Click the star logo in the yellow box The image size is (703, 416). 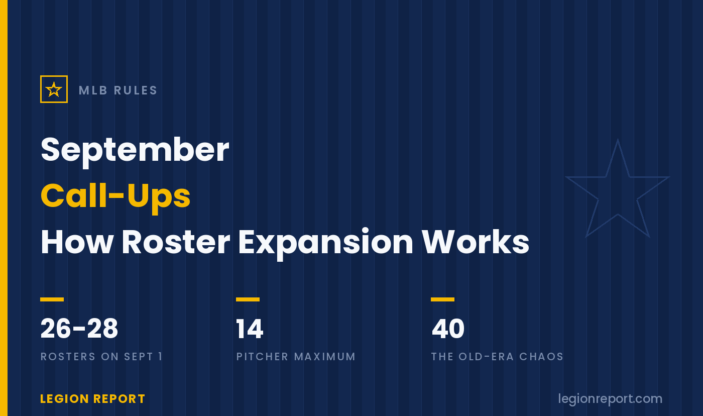point(54,89)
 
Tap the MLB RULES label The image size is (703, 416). point(118,90)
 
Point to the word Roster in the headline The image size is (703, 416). point(176,242)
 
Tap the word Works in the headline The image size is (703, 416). point(475,242)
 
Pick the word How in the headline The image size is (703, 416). point(77,242)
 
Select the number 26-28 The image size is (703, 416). point(79,329)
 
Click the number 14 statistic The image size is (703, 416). point(250,329)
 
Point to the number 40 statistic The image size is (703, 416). point(448,329)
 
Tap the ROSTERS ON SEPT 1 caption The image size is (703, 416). point(101,357)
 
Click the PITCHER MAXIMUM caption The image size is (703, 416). point(296,357)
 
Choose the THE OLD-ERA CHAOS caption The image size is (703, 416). point(498,357)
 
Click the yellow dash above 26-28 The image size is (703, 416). point(52,299)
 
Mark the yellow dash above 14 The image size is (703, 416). point(248,299)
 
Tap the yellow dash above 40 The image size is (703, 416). point(442,299)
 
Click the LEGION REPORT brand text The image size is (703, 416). point(92,399)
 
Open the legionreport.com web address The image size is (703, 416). point(610,399)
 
